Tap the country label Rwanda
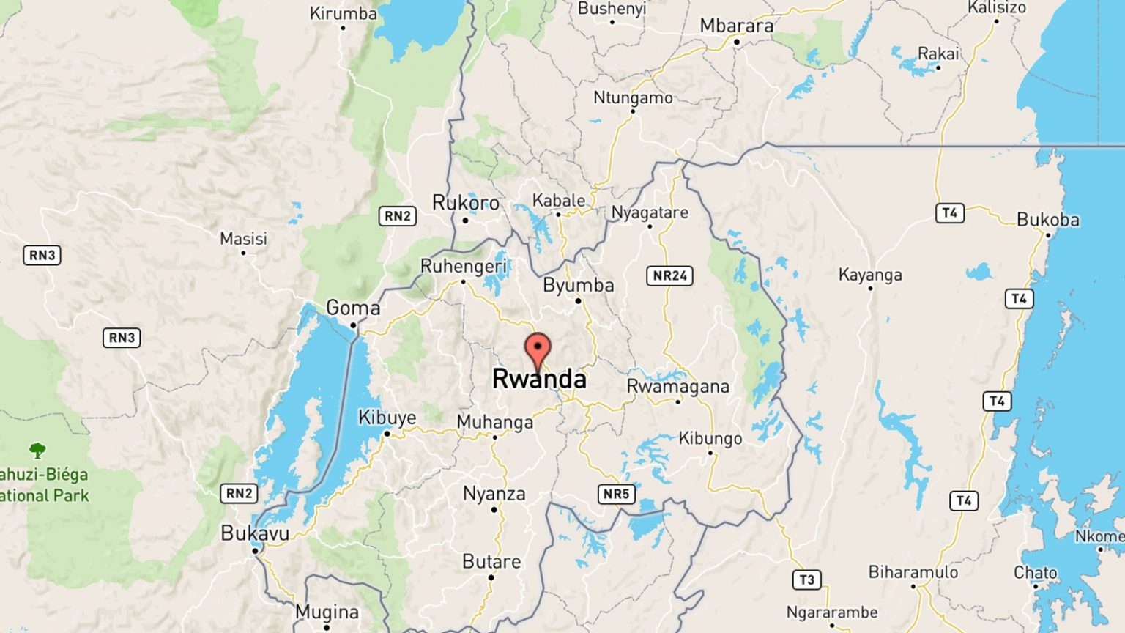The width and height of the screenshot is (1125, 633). pos(539,379)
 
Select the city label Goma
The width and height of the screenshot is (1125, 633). pos(353,308)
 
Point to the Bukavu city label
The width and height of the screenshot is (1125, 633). pos(255,533)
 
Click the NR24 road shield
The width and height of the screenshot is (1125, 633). pos(669,275)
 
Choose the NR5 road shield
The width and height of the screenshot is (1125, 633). pos(616,494)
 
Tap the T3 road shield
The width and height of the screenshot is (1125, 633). pos(806,580)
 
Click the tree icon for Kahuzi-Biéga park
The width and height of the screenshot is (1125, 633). pos(37,450)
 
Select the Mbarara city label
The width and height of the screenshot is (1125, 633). pos(736,26)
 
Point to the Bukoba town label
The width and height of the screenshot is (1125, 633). pos(1047,219)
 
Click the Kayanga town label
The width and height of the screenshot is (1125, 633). pos(870,275)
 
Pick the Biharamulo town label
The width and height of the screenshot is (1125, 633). pos(913,572)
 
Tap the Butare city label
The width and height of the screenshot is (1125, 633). pos(491,562)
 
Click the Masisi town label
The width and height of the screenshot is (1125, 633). pos(243,239)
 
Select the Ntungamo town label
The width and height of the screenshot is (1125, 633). pos(633,97)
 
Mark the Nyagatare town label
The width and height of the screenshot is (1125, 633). pos(650,212)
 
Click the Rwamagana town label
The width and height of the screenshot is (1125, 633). pos(677,386)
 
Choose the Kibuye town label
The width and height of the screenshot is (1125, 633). pos(387,418)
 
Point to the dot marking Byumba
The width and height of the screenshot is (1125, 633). pos(578,300)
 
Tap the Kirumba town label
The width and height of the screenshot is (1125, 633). pos(343,13)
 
